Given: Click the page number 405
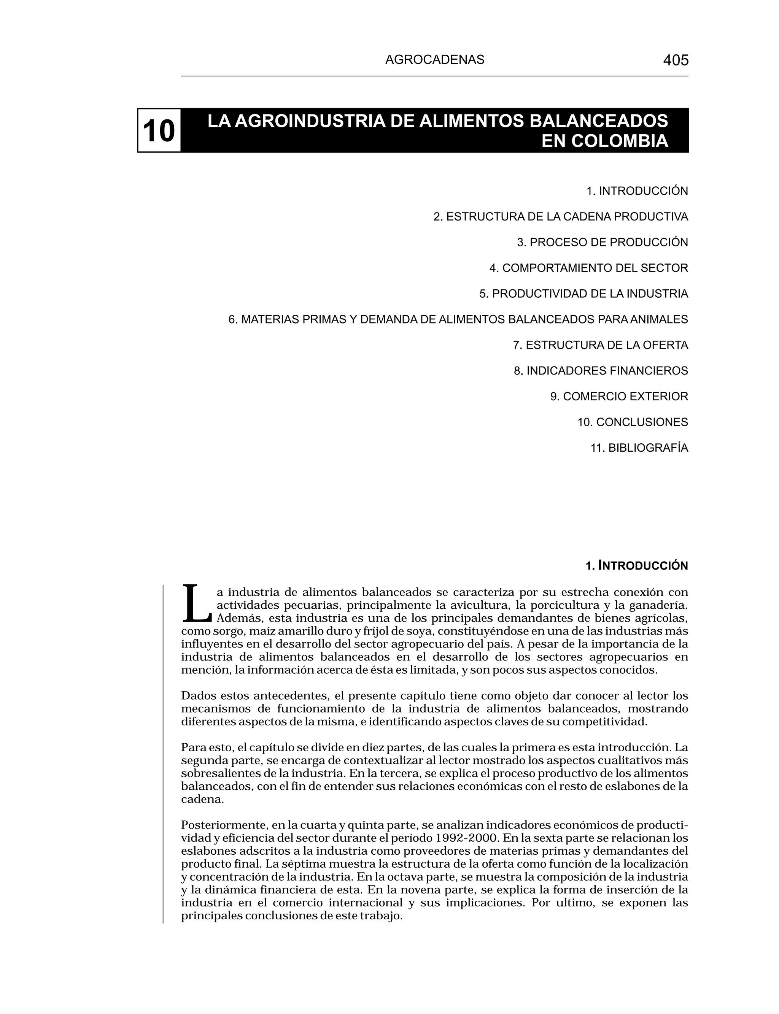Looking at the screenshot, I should click(676, 60).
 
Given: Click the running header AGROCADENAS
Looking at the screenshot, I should click(434, 60).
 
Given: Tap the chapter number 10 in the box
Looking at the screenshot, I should click(159, 131).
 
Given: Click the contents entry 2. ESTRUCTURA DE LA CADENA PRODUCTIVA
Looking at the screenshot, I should click(561, 217).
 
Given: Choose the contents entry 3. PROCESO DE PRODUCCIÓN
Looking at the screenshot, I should click(603, 242).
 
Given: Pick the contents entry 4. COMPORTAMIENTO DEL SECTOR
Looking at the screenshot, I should click(588, 268).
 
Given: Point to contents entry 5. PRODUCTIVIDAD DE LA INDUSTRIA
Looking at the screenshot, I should click(583, 294).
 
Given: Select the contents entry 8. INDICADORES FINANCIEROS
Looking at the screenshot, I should click(601, 371).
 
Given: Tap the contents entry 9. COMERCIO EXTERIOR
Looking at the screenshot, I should click(619, 397).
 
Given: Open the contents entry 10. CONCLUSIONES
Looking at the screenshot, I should click(633, 422).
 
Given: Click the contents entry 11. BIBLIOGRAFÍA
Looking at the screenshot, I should click(639, 448).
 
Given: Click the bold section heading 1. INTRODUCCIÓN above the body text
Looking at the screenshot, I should click(637, 566).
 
